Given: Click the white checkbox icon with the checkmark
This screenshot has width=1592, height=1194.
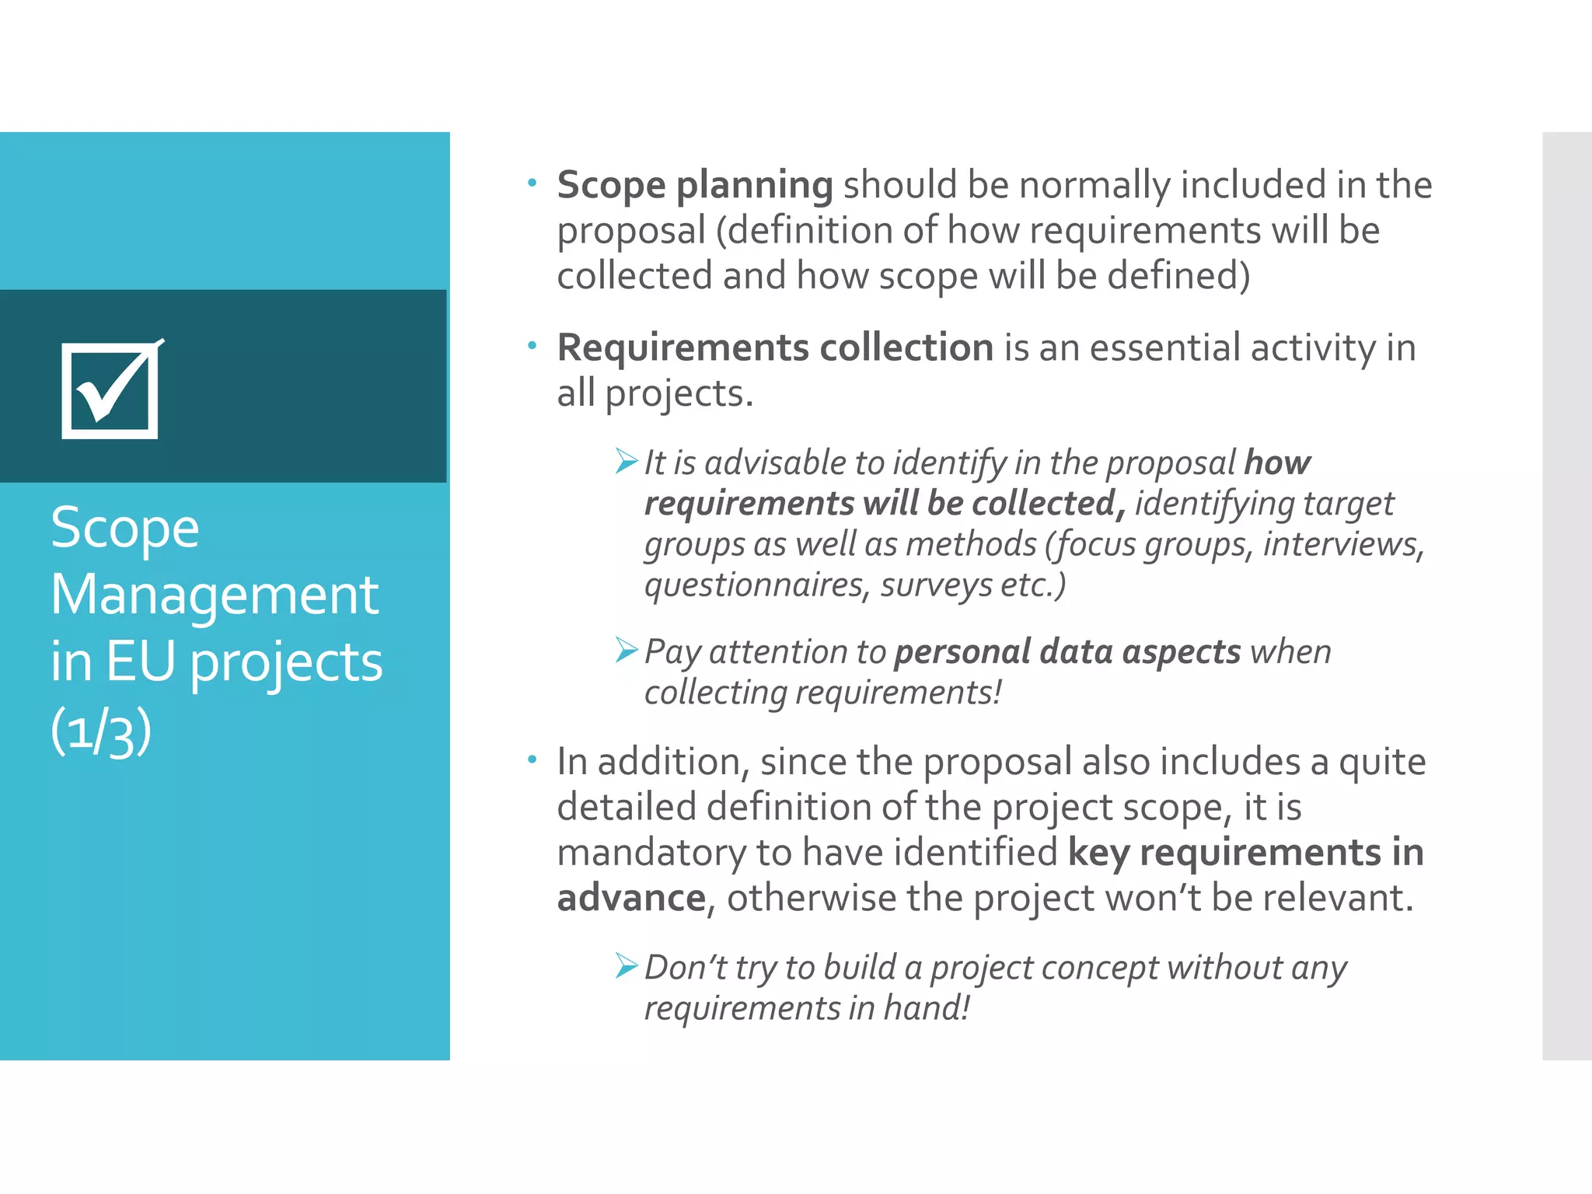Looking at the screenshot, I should (110, 391).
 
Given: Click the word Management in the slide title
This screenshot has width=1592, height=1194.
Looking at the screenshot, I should (215, 595).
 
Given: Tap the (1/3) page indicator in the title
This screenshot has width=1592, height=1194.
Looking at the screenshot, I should (100, 731).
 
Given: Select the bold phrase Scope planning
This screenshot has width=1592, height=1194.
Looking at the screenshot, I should (695, 186).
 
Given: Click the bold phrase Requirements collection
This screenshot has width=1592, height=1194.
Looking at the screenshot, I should (775, 347).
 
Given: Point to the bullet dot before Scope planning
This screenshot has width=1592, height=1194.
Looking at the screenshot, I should (532, 183).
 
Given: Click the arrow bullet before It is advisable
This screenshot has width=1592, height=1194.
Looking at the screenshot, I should (627, 461).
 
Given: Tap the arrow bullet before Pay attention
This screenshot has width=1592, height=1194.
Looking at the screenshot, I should (627, 650).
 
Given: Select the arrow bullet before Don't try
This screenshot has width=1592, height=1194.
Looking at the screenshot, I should (627, 965).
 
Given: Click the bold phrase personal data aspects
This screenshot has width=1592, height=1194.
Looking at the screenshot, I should (1067, 651).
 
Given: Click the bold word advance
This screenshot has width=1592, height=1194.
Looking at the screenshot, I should (631, 899).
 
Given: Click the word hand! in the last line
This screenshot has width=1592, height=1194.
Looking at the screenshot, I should (927, 1008).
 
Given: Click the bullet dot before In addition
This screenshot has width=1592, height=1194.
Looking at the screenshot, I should (532, 759).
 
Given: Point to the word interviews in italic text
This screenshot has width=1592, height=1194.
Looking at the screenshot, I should (1342, 544).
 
